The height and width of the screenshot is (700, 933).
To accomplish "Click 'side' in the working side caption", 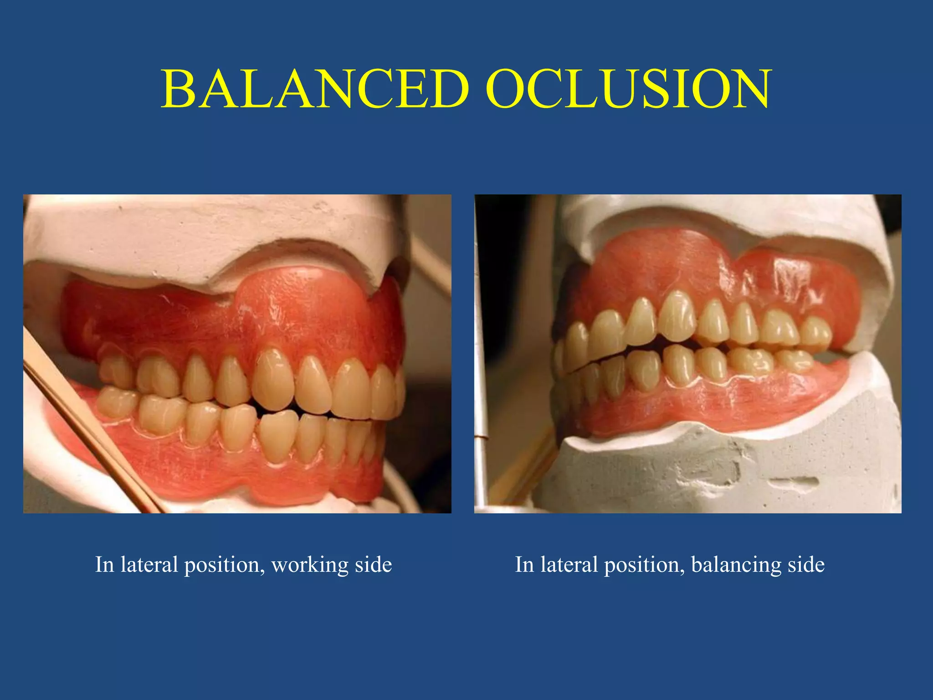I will [x=373, y=565].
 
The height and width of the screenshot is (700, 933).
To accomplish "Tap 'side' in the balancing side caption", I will [x=806, y=565].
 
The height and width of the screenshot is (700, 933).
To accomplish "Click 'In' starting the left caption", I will [x=104, y=565].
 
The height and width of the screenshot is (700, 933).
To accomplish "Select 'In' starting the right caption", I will [x=524, y=565].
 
